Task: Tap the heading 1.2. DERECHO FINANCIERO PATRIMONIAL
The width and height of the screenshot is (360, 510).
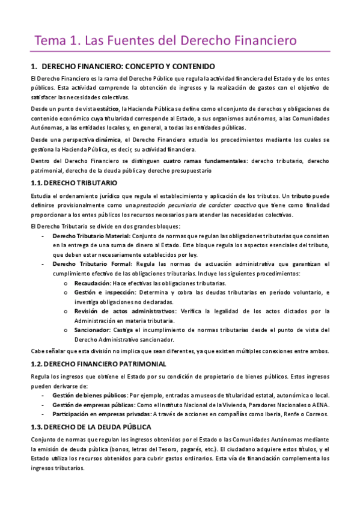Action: (x=99, y=364)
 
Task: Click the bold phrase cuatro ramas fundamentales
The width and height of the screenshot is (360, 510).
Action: (x=196, y=161)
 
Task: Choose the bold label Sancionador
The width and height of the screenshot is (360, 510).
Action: (x=91, y=330)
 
